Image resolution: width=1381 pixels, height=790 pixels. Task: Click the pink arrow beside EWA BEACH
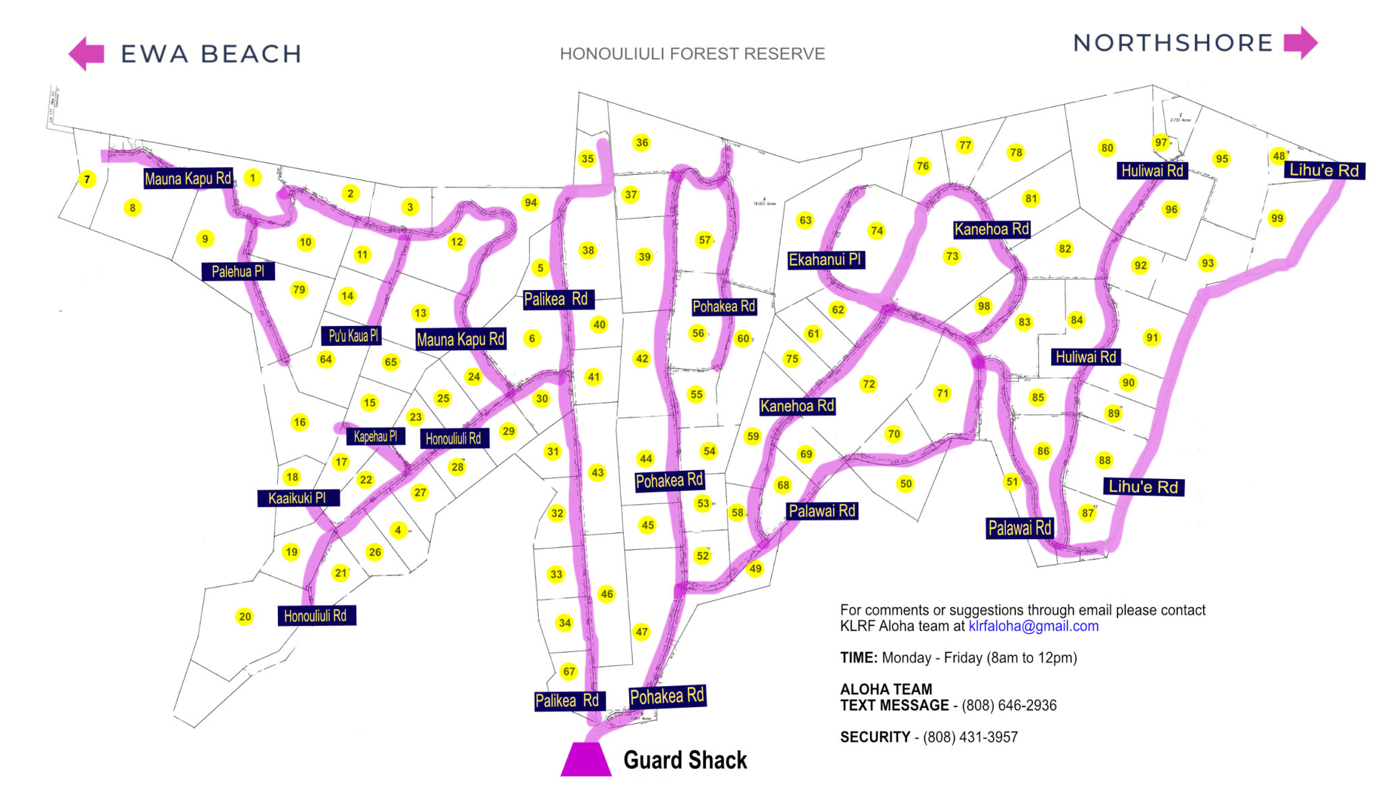point(87,53)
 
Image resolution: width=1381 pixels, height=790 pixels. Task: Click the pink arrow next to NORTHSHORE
point(1300,43)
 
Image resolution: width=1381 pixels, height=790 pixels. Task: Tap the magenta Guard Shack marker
point(585,759)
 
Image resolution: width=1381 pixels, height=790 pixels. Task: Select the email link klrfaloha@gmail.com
point(1033,626)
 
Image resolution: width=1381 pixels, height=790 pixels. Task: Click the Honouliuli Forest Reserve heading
point(692,54)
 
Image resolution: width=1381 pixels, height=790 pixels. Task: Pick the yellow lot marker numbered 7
point(86,179)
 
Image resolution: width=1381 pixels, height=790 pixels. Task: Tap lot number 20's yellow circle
point(245,617)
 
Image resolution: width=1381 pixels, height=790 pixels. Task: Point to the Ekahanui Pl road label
point(825,260)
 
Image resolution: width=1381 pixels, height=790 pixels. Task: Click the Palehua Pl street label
point(237,272)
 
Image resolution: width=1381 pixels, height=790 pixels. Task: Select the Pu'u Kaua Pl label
point(353,336)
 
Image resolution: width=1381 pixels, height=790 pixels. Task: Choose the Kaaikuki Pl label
point(297,499)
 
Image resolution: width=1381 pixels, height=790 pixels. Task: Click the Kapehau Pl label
point(376,436)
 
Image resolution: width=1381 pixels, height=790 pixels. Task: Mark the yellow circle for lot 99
point(1276,219)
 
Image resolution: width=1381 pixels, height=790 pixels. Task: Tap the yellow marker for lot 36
point(642,142)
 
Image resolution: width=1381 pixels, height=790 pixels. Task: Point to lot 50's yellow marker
point(906,484)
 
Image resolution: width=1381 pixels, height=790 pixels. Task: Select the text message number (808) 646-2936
point(1009,706)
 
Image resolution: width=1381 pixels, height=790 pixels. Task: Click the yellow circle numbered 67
point(569,671)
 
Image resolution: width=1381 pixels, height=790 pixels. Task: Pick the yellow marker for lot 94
point(531,202)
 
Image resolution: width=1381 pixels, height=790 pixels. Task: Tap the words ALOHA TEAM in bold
point(885,689)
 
